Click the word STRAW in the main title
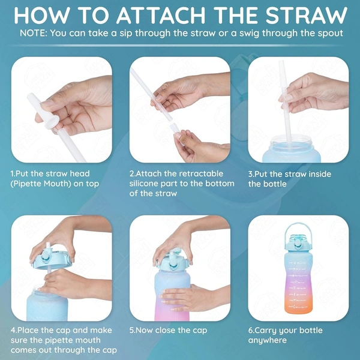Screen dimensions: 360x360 point(307,15)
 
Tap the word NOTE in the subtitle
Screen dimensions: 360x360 point(33,33)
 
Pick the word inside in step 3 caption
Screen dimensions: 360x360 point(320,174)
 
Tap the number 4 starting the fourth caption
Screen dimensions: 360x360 point(13,331)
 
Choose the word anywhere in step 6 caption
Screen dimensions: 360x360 point(268,340)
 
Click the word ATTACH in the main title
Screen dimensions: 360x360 point(161,15)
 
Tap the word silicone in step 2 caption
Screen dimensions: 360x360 point(144,184)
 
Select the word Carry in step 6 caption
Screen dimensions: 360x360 point(265,331)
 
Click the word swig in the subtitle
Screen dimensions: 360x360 point(249,34)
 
